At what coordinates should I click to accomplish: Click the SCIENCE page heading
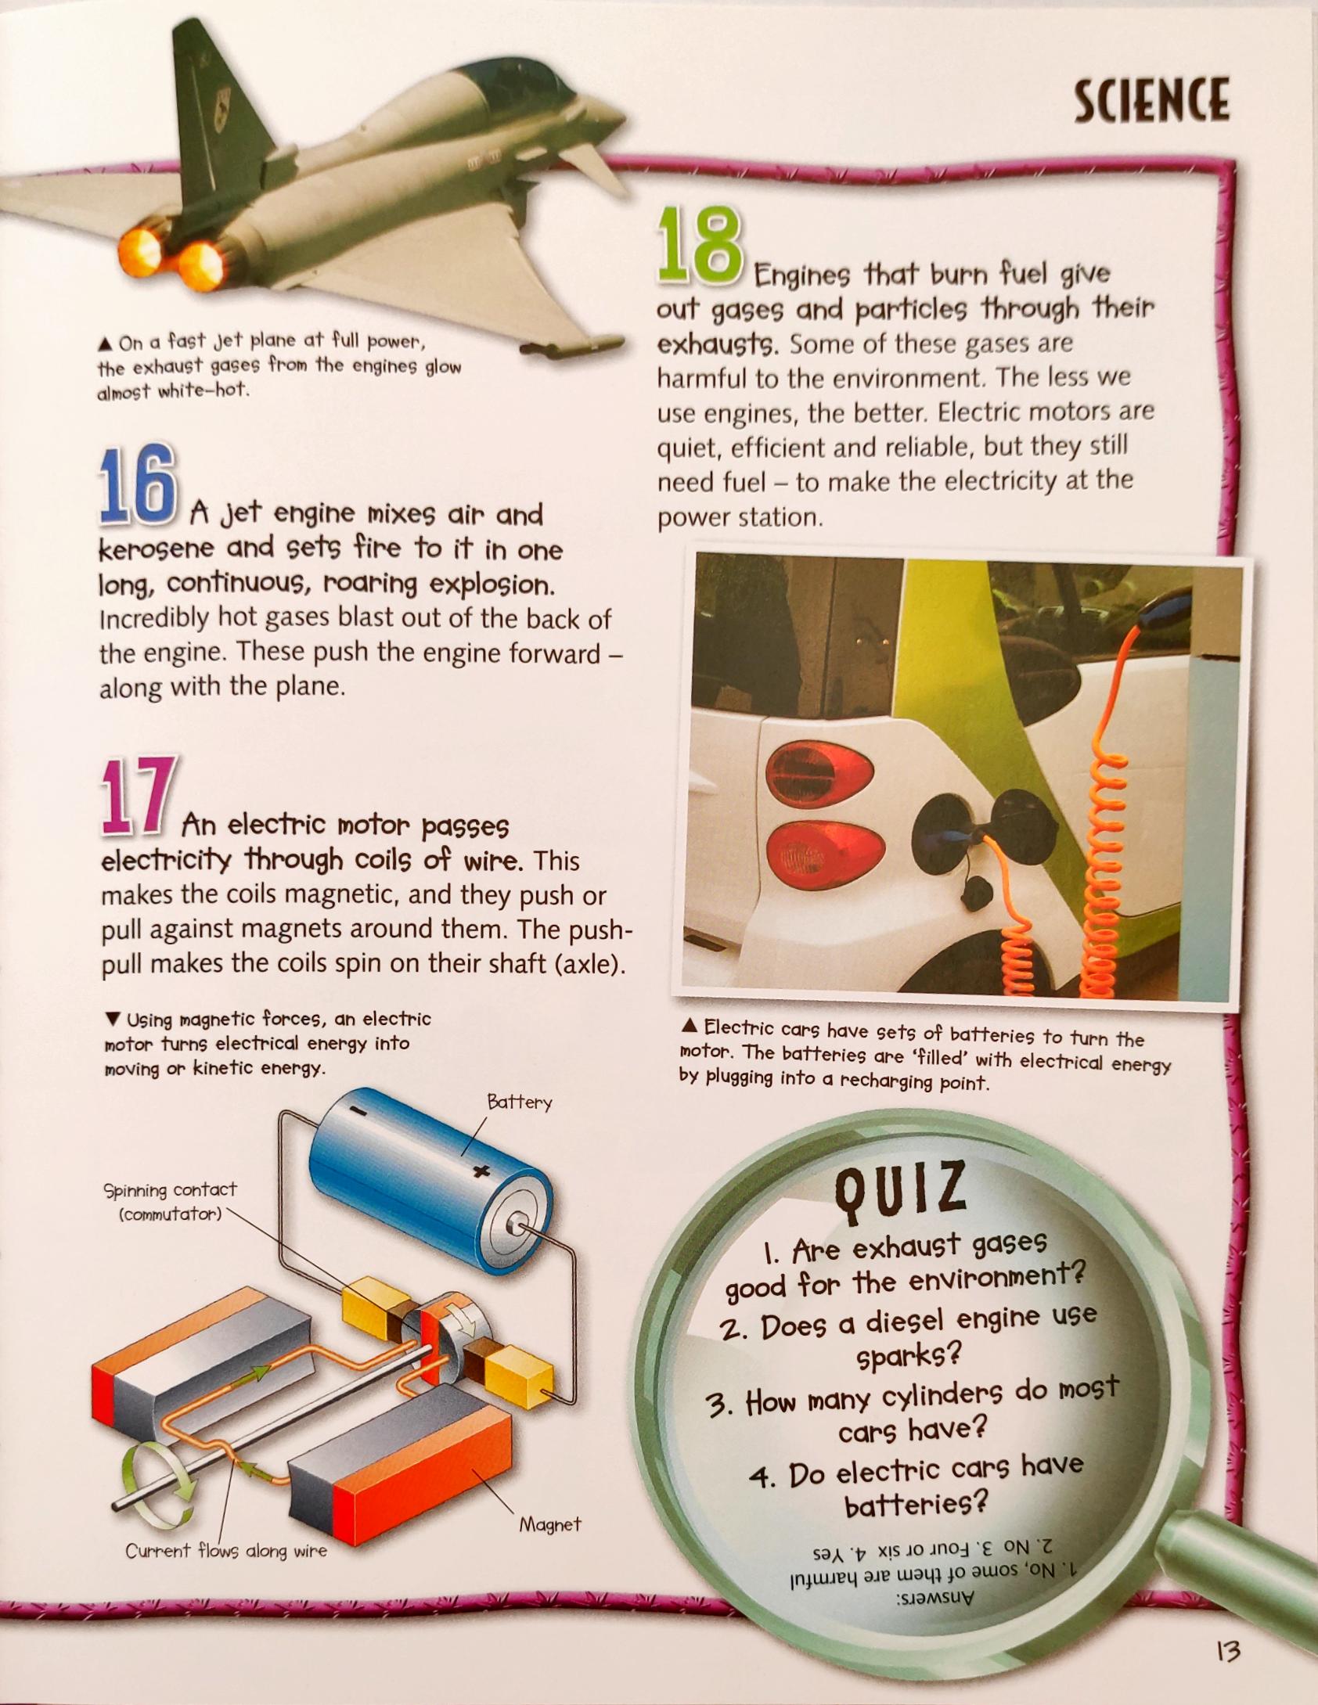1151,100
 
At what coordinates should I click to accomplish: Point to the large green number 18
698,245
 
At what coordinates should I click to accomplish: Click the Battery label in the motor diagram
519,1102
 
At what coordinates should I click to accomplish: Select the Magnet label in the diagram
550,1524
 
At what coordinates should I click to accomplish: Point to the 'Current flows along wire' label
226,1551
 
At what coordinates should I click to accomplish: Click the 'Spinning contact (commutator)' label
170,1202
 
